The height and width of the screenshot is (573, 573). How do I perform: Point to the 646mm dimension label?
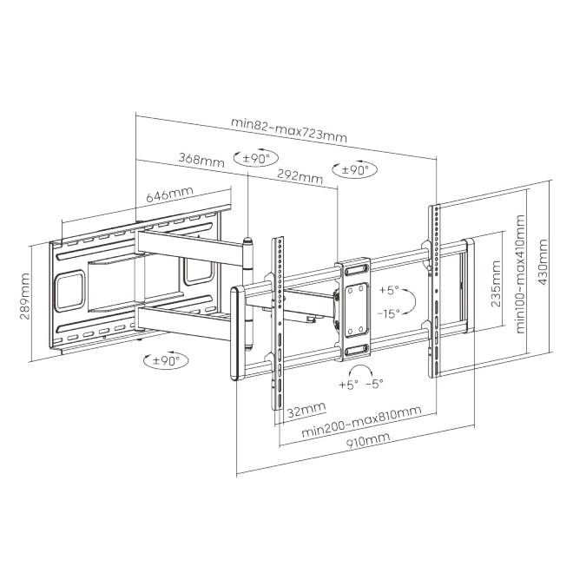tap(169, 196)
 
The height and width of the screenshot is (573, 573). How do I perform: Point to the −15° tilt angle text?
tap(391, 313)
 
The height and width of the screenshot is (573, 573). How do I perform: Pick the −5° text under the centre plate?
tap(376, 384)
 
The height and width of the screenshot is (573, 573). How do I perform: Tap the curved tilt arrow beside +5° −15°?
tap(412, 302)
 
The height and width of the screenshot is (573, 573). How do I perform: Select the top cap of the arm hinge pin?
tap(248, 239)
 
